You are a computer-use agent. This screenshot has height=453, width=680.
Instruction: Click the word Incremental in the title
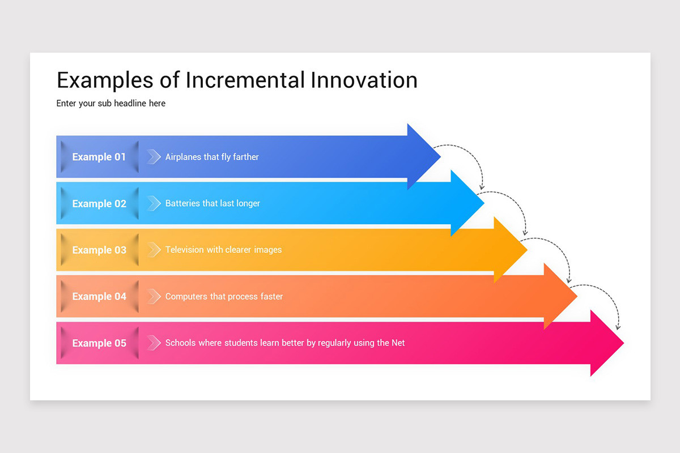coord(245,80)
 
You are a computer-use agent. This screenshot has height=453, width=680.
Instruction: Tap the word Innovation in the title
coord(364,80)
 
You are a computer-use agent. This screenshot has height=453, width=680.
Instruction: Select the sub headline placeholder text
coord(111,103)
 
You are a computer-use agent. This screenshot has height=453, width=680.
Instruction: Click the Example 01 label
coord(99,157)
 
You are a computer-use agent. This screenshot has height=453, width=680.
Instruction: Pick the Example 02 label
coord(99,203)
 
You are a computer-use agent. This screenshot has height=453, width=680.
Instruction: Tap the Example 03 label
coord(99,250)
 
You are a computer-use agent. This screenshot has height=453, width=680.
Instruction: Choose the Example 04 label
coord(99,296)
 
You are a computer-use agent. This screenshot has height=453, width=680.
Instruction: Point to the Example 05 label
coord(99,343)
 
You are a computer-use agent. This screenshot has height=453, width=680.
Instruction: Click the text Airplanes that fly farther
coord(212,157)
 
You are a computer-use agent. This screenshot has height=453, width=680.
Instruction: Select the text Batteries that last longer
coord(212,203)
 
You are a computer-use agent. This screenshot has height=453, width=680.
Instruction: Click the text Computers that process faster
coord(224,296)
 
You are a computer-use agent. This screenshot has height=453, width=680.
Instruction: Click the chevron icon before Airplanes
coord(154,157)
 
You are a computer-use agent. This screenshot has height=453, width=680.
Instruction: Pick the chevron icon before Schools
coord(154,343)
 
